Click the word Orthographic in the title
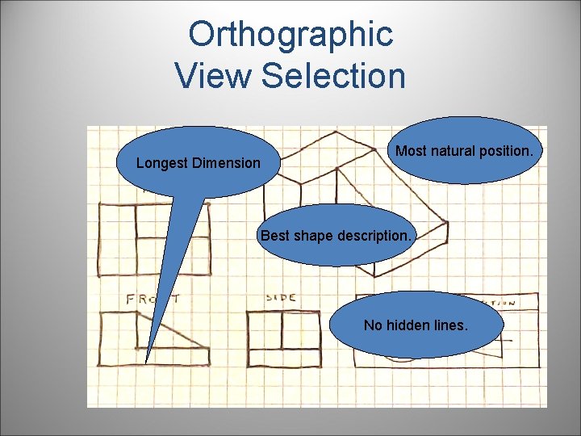pyautogui.click(x=290, y=35)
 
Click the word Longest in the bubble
pyautogui.click(x=162, y=163)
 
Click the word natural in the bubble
pyautogui.click(x=459, y=151)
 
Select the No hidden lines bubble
pyautogui.click(x=416, y=325)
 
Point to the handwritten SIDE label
pyautogui.click(x=281, y=298)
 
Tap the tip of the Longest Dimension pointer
pyautogui.click(x=146, y=363)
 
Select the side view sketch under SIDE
pyautogui.click(x=282, y=340)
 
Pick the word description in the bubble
pyautogui.click(x=375, y=237)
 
